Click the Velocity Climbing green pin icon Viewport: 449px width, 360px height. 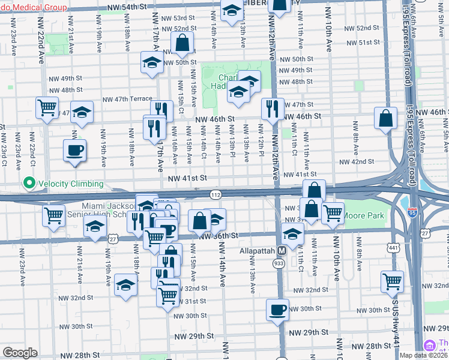[x=28, y=184]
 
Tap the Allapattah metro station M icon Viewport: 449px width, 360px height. [x=282, y=250]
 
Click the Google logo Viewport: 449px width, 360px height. [x=20, y=353]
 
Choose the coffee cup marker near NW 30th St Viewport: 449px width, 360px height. [x=277, y=310]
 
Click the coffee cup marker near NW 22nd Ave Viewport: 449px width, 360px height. [x=75, y=150]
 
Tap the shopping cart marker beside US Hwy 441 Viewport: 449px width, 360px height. [x=392, y=281]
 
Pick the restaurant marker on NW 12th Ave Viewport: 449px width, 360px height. [x=273, y=109]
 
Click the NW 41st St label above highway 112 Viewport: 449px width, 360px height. [x=187, y=178]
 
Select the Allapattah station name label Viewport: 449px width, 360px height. [x=257, y=250]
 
